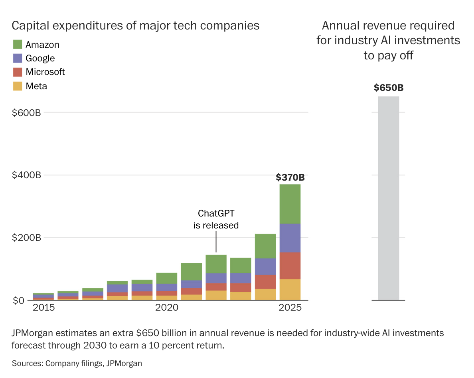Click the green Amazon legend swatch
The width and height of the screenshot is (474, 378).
pyautogui.click(x=18, y=44)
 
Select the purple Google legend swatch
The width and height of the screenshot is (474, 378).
pyautogui.click(x=18, y=58)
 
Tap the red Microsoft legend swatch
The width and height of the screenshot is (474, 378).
pyautogui.click(x=18, y=72)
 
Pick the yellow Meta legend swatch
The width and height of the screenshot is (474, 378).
pyautogui.click(x=18, y=86)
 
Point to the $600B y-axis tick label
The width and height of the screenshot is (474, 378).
pyautogui.click(x=27, y=113)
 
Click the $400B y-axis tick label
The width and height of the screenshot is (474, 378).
pyautogui.click(x=27, y=175)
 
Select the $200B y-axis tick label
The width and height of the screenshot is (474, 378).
pyautogui.click(x=27, y=238)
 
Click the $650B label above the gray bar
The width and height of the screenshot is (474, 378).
pyautogui.click(x=389, y=88)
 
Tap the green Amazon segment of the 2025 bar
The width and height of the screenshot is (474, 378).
pyautogui.click(x=290, y=203)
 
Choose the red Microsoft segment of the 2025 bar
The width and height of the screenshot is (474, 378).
pyautogui.click(x=290, y=266)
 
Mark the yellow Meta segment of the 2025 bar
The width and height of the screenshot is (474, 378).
pyautogui.click(x=290, y=289)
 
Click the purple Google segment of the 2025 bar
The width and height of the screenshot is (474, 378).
pyautogui.click(x=290, y=238)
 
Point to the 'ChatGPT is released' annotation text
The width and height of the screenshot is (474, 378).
pyautogui.click(x=216, y=219)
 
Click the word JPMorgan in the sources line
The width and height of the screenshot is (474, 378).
pyautogui.click(x=124, y=363)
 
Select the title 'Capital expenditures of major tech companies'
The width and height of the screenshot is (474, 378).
pyautogui.click(x=136, y=26)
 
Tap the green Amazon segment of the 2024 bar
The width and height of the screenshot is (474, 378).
pyautogui.click(x=265, y=246)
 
